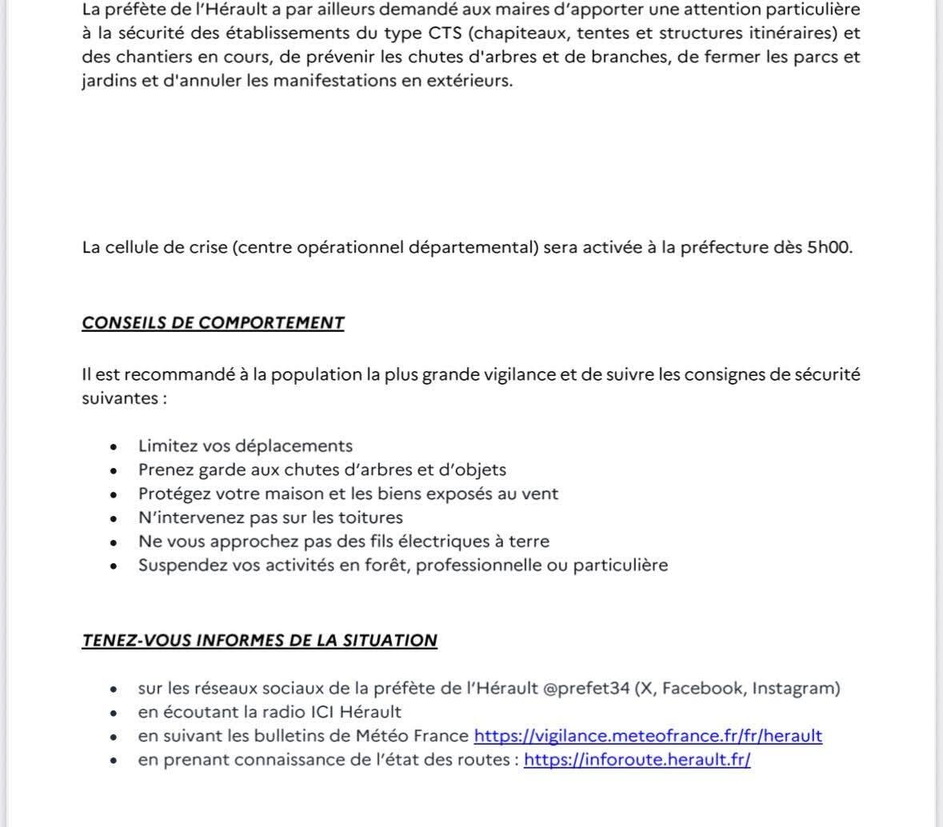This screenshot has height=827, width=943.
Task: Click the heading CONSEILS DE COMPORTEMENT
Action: (x=213, y=323)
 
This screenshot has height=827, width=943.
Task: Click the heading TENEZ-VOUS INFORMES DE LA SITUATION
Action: (x=259, y=641)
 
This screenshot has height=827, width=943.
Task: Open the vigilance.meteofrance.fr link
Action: (x=648, y=736)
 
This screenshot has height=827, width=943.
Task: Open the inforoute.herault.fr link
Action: (x=637, y=760)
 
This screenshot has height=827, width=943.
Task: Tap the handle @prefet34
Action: (x=586, y=689)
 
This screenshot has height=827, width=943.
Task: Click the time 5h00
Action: (x=829, y=247)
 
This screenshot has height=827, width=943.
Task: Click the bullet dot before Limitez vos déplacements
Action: (x=115, y=447)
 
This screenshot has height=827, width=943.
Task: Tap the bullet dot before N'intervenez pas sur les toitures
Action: (x=115, y=518)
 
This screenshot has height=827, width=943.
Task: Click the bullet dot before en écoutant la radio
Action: (x=115, y=713)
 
